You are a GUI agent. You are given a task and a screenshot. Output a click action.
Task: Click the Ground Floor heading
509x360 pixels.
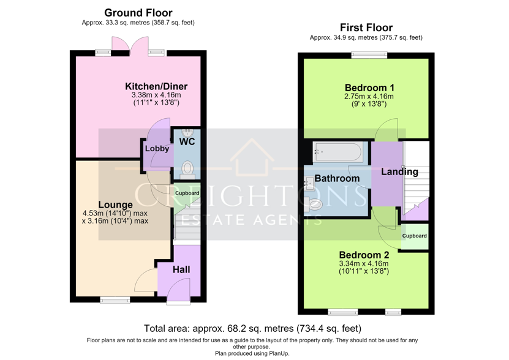138,13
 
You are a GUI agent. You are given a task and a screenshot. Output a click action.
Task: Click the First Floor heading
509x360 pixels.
366,28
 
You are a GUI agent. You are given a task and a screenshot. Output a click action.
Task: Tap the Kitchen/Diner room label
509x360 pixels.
156,86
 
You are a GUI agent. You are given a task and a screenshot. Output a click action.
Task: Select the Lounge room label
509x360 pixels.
115,205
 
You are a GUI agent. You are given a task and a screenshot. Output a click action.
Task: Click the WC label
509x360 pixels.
187,141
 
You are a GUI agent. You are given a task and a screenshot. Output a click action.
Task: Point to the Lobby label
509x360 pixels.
157,149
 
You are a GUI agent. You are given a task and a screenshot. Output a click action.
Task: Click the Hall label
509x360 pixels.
181,269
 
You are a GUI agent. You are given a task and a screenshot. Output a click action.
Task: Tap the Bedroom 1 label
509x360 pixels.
369,88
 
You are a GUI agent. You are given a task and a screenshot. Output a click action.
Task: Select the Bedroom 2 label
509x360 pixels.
364,255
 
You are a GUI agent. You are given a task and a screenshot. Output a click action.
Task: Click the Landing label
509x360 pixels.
399,171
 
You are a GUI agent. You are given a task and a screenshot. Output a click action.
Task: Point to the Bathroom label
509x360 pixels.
337,178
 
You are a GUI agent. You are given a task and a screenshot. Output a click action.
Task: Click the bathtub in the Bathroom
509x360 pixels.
337,152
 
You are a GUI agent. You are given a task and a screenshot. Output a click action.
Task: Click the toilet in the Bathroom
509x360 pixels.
313,204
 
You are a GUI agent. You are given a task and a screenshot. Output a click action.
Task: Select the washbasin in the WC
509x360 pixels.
187,132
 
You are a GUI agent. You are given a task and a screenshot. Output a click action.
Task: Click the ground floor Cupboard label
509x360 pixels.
187,193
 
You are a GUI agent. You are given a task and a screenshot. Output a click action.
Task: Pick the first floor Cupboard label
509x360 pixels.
414,236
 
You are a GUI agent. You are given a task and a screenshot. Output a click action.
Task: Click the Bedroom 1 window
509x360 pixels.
369,55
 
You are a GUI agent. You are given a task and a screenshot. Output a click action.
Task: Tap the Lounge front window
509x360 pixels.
115,299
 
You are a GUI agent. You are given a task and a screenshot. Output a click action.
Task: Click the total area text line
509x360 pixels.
252,329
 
